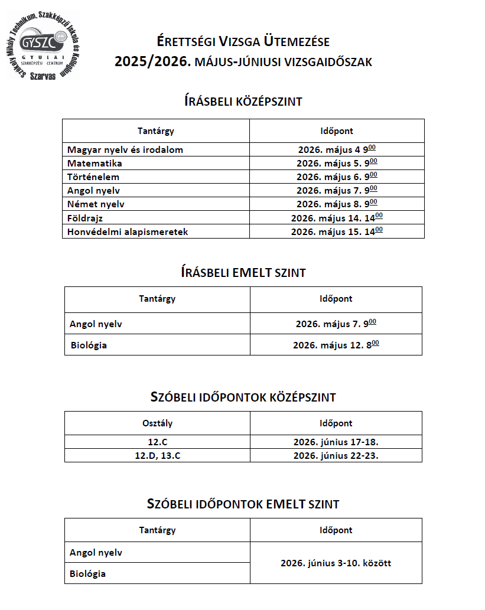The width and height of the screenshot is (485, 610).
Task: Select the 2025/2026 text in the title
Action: click(152, 61)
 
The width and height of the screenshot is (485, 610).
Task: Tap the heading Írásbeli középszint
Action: click(243, 102)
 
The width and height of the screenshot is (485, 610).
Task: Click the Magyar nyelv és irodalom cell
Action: click(125, 150)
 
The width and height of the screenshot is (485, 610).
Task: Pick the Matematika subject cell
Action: click(95, 164)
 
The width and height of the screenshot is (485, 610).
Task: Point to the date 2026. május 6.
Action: click(336, 177)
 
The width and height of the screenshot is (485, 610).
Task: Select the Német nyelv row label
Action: click(96, 204)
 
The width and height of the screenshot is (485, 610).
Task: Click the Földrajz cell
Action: click(85, 218)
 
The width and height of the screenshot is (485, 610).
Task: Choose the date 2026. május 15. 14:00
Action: click(336, 231)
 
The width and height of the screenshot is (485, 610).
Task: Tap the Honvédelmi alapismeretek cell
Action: click(128, 231)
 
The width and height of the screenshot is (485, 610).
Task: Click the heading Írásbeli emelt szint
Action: click(243, 272)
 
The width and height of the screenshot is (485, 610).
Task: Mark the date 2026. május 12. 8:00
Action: click(336, 345)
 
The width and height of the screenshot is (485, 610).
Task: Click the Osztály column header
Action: click(157, 423)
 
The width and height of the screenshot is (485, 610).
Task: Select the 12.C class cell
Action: click(157, 442)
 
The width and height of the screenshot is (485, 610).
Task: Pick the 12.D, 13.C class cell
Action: click(157, 455)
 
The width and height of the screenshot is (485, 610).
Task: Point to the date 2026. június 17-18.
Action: click(336, 442)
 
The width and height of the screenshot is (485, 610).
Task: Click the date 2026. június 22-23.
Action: click(336, 455)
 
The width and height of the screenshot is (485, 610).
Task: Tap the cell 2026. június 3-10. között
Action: click(336, 563)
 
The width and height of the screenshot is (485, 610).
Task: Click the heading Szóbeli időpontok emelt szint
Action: click(243, 504)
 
